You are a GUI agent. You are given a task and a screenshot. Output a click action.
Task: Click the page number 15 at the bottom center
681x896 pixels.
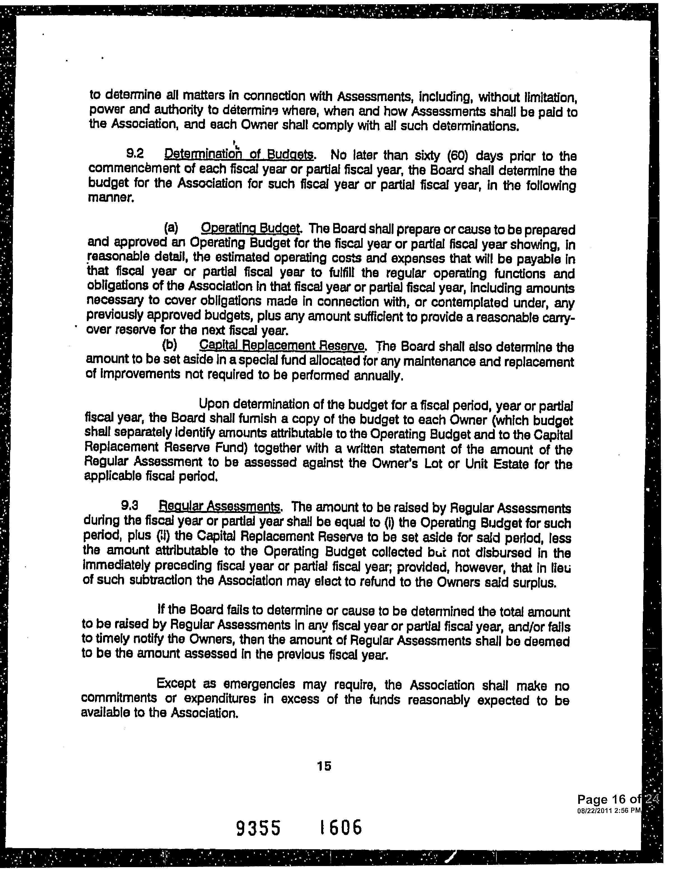pos(324,766)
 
